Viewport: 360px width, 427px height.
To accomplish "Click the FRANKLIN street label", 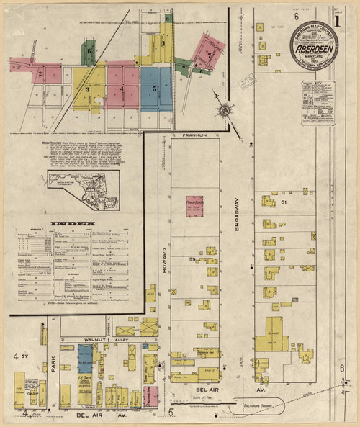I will [194, 135].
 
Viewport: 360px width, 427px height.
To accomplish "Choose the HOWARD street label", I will [163, 259].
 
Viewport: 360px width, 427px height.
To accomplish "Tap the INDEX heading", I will [82, 224].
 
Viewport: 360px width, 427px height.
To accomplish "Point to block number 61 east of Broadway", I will [284, 202].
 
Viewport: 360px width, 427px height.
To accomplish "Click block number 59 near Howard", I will [192, 257].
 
